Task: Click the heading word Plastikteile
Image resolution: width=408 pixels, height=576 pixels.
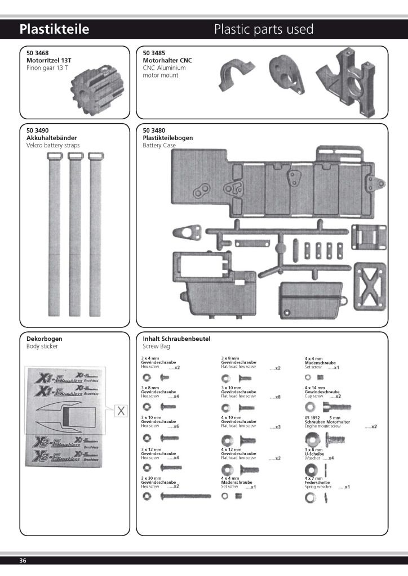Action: [x=54, y=29]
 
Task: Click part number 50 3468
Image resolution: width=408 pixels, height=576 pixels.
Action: [x=38, y=53]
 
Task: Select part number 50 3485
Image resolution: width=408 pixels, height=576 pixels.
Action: [x=154, y=53]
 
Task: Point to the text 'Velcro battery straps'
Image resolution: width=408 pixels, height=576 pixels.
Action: [x=53, y=145]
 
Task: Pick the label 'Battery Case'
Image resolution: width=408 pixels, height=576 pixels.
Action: [x=159, y=145]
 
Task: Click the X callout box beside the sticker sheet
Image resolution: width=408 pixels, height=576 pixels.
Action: [x=121, y=411]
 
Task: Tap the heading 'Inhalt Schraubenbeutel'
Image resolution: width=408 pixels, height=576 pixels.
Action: [x=176, y=339]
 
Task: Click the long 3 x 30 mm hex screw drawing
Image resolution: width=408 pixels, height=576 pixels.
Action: [x=185, y=496]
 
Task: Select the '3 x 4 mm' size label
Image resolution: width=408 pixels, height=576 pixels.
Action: [x=149, y=358]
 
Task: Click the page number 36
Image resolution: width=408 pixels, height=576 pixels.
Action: [x=23, y=560]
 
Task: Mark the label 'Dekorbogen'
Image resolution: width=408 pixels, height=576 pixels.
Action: [x=44, y=339]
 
